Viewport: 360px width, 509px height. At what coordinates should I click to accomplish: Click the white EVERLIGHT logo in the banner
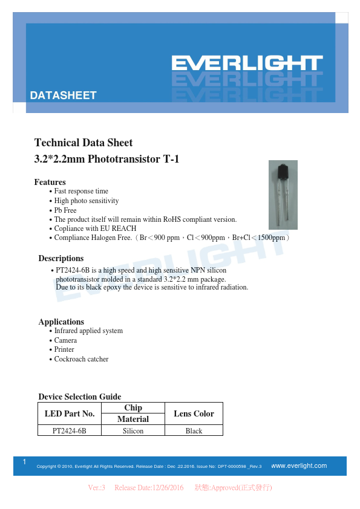coord(246,63)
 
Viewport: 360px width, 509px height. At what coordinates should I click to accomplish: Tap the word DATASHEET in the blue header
coord(63,96)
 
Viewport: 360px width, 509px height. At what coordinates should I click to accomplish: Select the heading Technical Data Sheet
coord(83,143)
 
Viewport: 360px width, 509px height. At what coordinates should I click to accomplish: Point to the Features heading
coord(50,182)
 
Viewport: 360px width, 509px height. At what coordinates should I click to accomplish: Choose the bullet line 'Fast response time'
coord(81,191)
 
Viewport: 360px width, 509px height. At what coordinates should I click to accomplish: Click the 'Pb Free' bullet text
coord(65,210)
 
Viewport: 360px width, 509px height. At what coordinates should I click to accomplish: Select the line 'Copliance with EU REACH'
coord(95,229)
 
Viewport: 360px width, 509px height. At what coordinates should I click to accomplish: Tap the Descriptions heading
coord(61,258)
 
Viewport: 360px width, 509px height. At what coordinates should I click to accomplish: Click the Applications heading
coord(61,322)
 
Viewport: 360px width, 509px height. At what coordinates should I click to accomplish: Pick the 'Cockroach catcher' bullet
coord(81,359)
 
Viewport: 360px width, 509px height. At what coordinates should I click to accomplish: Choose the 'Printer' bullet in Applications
coord(64,349)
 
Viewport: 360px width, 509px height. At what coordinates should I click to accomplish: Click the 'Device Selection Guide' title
coord(80,397)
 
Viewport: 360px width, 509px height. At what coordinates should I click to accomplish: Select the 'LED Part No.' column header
coord(70,413)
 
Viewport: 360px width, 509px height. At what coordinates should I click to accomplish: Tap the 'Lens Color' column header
coord(194,413)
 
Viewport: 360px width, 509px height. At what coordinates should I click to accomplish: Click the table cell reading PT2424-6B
coord(70,431)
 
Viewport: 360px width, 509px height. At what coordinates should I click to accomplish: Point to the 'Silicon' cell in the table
coord(133,431)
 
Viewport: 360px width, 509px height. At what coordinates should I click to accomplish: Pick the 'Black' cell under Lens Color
coord(194,431)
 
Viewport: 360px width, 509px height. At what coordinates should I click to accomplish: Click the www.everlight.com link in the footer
coord(299,465)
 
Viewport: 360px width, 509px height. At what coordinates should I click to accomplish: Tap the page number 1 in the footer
coord(24,462)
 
